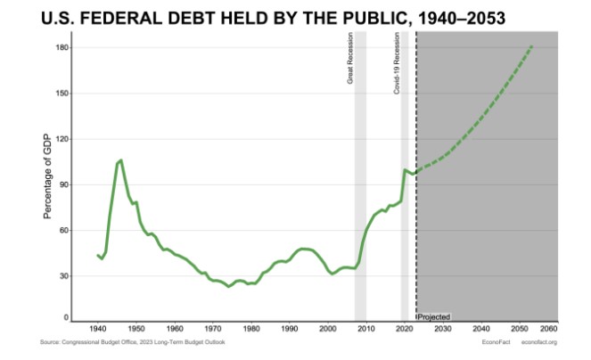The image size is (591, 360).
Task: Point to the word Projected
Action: [433, 316]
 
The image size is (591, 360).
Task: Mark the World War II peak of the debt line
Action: [120, 160]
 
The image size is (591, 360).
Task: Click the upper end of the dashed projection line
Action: [531, 46]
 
